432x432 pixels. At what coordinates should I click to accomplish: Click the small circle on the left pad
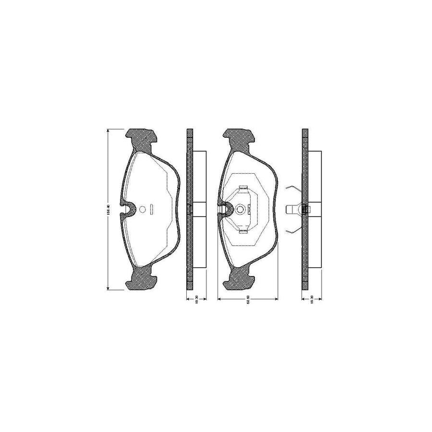142,209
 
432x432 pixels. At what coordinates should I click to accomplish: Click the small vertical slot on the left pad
152,209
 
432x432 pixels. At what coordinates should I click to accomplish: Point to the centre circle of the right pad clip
241,209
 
